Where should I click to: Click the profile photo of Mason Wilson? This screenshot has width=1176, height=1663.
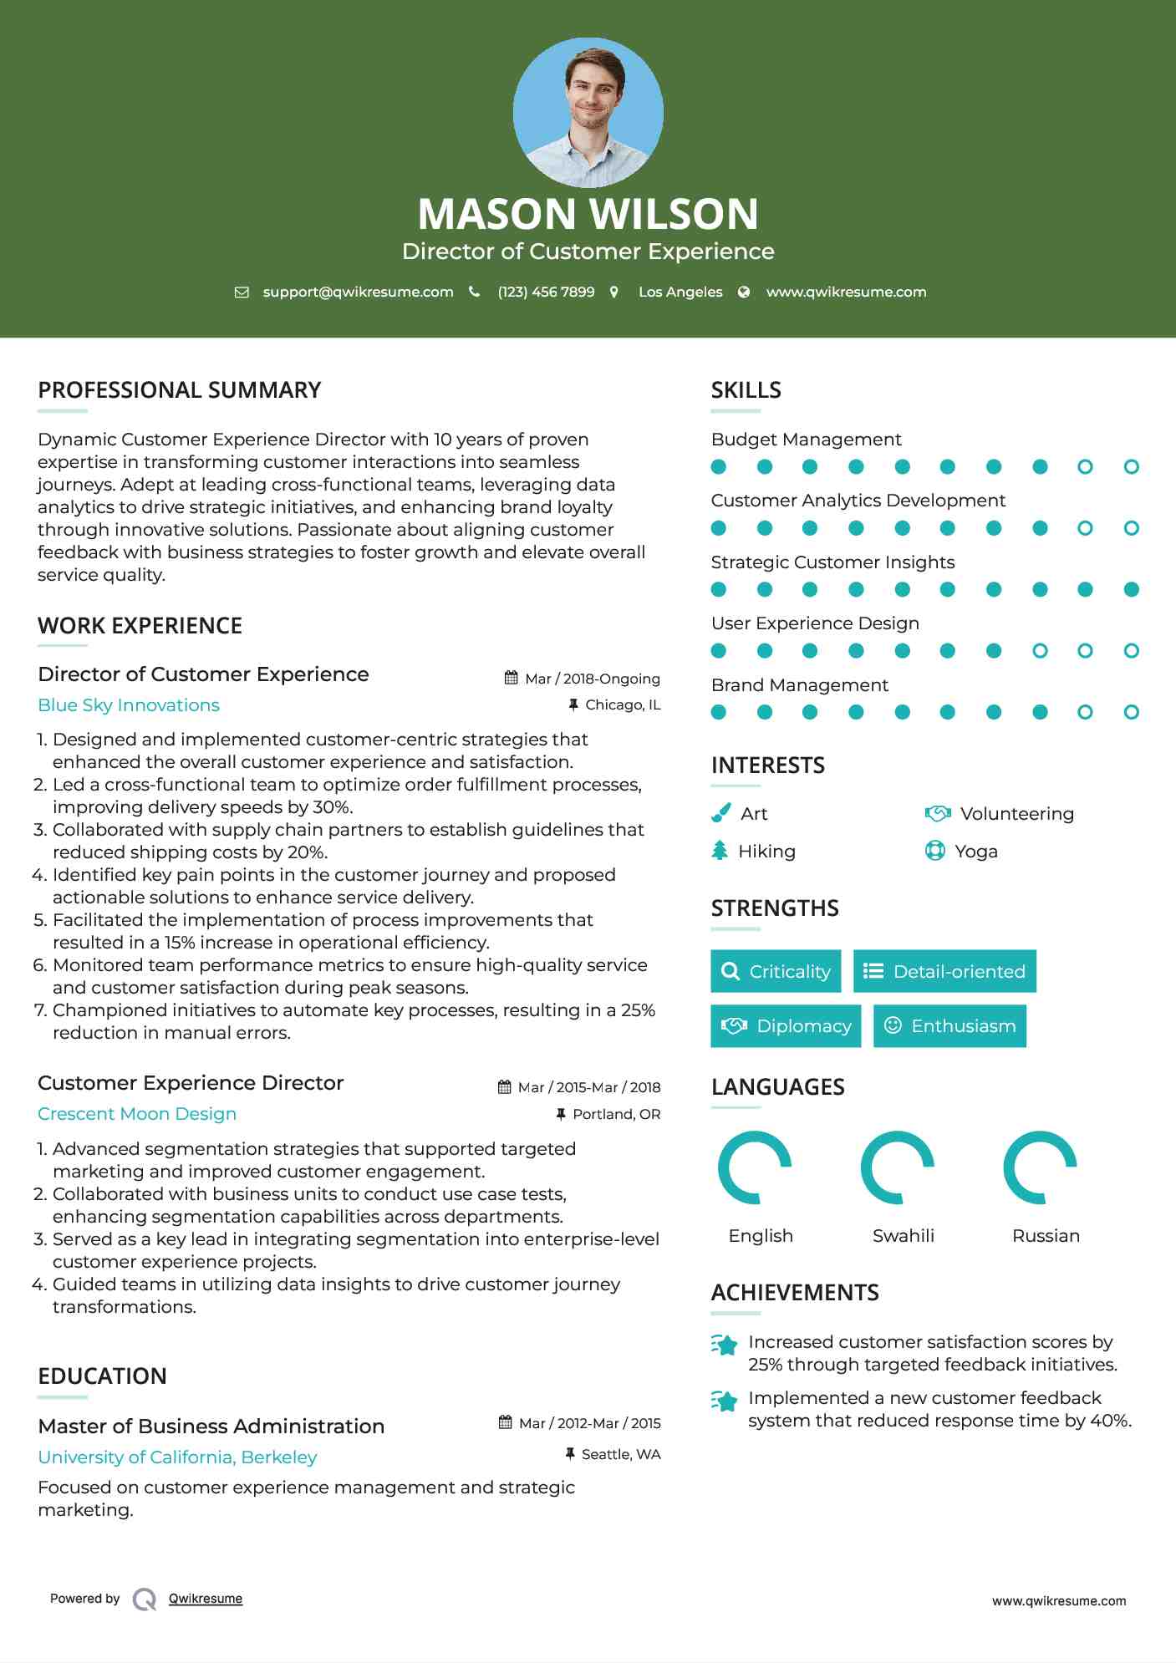click(588, 113)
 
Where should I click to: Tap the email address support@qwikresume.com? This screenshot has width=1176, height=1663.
click(358, 292)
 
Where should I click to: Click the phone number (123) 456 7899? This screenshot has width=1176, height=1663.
click(546, 292)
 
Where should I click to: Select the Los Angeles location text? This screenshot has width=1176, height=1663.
click(680, 292)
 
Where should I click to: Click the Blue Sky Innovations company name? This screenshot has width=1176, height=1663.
click(129, 705)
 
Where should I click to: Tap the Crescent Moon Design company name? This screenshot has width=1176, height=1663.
click(137, 1114)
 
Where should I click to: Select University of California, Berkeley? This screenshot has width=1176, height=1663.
click(177, 1457)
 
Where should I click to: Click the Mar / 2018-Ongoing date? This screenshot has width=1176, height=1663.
click(592, 679)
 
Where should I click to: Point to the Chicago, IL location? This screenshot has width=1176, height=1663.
click(623, 705)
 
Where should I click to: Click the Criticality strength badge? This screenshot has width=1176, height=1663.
click(776, 971)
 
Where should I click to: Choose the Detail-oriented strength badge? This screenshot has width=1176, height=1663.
click(944, 971)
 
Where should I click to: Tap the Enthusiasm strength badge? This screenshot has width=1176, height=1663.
click(949, 1026)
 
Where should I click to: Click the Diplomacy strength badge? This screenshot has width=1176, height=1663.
click(786, 1026)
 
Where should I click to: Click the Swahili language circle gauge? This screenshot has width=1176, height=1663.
click(898, 1167)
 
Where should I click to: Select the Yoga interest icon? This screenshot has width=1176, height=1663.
click(935, 851)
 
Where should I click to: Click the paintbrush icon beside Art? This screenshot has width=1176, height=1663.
click(720, 813)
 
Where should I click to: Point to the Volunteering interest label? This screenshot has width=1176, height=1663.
click(1016, 814)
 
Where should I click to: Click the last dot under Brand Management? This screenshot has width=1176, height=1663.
click(1131, 712)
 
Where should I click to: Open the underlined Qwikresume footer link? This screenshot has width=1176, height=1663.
click(206, 1599)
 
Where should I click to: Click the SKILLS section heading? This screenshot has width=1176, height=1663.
click(746, 390)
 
